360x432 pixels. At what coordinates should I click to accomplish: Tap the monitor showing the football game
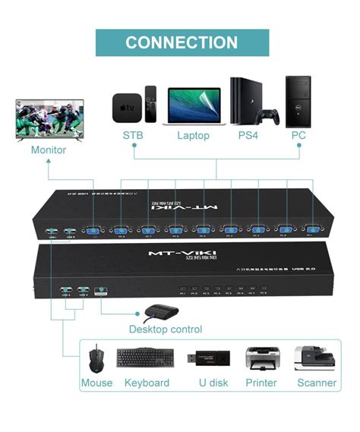point(48,119)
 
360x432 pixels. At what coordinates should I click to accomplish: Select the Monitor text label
point(48,150)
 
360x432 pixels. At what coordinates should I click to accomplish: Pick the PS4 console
point(242,100)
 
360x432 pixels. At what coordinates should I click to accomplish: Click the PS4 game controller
point(268,117)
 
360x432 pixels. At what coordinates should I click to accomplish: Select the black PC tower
point(298,100)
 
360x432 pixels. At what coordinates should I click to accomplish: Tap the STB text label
point(132,135)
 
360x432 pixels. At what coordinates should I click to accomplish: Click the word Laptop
point(193,135)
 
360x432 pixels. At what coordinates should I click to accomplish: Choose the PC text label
point(299,135)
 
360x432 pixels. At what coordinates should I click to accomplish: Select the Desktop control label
point(165,330)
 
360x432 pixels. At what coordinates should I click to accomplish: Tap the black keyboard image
point(145,358)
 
